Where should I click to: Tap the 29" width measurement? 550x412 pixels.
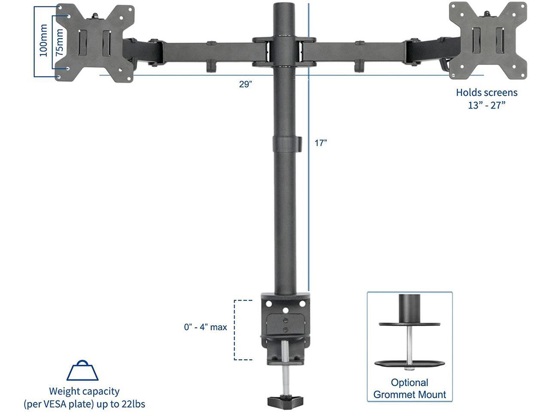tap(245, 84)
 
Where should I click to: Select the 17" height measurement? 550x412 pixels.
tap(321, 143)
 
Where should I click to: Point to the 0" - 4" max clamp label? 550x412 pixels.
tap(205, 327)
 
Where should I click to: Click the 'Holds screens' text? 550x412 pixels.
tap(486, 92)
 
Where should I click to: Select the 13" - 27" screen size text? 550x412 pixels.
tap(486, 105)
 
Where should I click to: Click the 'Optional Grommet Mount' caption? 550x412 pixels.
tap(409, 388)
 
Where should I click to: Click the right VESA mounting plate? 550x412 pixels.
tap(488, 41)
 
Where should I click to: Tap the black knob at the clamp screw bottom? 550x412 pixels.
tap(284, 401)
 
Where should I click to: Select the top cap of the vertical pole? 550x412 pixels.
tap(284, 8)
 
